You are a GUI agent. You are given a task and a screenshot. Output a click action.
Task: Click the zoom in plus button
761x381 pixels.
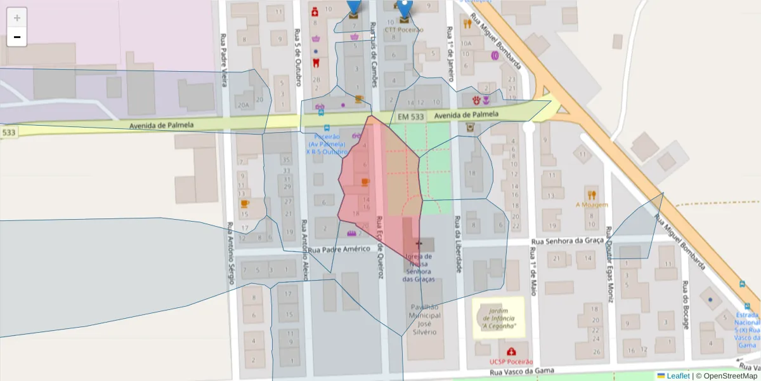click(17, 17)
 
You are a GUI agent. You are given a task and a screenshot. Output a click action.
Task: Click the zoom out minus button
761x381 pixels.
click(17, 37)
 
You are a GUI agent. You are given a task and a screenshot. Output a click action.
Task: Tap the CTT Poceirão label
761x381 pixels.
click(404, 29)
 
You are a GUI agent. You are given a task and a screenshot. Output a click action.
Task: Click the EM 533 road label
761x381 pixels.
click(411, 117)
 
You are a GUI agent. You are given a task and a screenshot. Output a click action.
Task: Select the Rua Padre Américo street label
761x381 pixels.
click(339, 249)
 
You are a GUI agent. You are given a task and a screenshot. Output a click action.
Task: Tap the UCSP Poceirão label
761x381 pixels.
click(511, 361)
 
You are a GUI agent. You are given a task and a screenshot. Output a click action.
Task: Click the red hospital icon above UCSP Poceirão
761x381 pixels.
click(511, 351)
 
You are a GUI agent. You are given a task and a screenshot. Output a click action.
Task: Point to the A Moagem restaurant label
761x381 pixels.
click(592, 204)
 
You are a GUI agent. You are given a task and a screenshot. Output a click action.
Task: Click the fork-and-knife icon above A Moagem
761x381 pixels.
click(592, 194)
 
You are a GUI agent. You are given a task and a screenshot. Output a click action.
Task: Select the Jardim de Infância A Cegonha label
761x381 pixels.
click(498, 318)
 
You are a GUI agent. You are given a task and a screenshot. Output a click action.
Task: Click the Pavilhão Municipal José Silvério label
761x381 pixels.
click(423, 319)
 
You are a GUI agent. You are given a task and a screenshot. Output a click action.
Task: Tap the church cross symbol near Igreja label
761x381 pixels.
click(418, 243)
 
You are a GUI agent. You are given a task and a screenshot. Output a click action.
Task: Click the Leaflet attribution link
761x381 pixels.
click(678, 376)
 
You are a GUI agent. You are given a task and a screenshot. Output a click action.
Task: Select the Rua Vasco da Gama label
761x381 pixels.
click(521, 371)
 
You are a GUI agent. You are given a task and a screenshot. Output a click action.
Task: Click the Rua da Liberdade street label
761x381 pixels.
click(457, 244)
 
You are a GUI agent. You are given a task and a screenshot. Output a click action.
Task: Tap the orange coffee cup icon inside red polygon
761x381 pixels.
click(365, 182)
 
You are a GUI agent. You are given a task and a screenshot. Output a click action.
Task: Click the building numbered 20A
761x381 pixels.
click(242, 105)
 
